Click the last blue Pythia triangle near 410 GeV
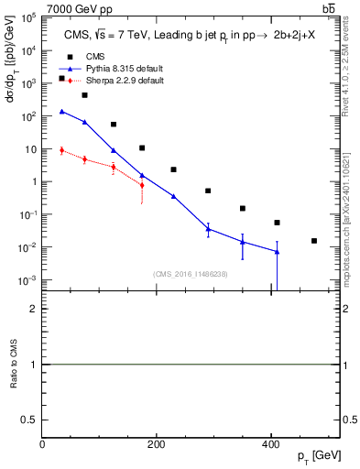(277, 252)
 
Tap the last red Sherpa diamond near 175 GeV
(142, 186)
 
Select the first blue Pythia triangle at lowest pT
(61, 112)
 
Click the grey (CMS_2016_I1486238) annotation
(191, 274)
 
